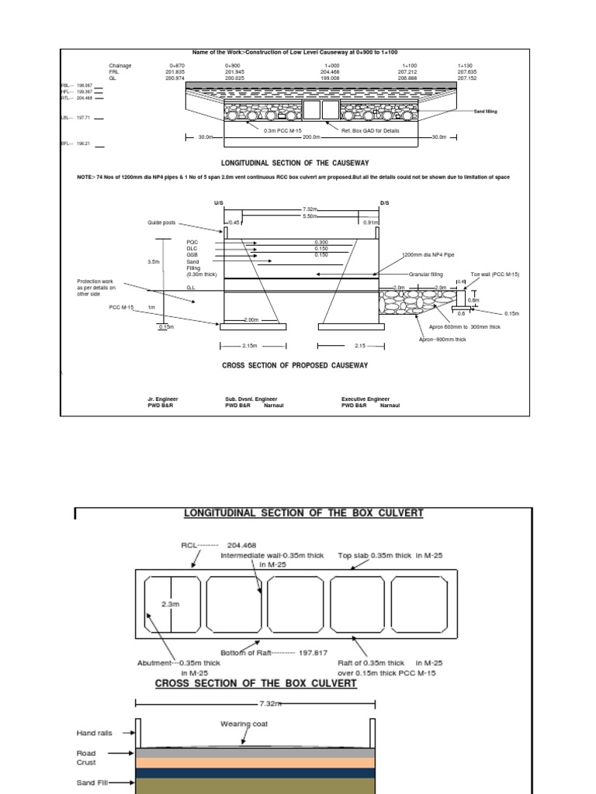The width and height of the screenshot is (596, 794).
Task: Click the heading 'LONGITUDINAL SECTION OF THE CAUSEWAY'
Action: [296, 164]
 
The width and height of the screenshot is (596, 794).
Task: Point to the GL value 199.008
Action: [331, 78]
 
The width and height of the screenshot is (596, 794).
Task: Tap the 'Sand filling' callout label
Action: [486, 112]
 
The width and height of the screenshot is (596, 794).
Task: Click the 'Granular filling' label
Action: [426, 274]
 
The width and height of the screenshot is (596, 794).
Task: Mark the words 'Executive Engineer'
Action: [366, 399]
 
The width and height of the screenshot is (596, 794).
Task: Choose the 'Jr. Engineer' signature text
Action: [162, 399]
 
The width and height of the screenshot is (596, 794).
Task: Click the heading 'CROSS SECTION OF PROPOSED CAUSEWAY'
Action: [295, 364]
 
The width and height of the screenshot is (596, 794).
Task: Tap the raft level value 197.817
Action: [314, 653]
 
